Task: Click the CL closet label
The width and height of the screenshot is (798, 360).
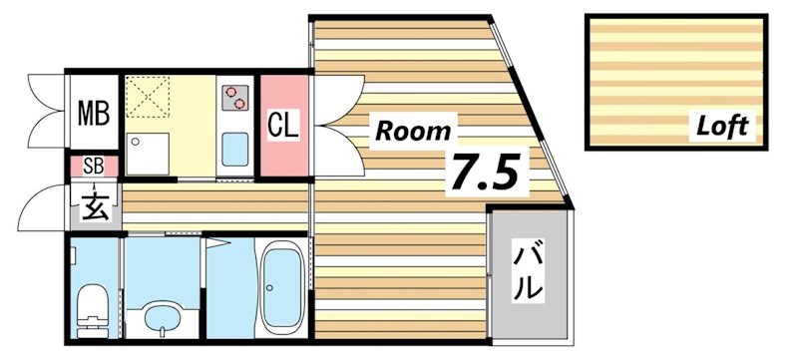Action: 282,126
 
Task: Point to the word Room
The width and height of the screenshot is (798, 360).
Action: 412,130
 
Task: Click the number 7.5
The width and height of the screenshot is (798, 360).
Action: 485,172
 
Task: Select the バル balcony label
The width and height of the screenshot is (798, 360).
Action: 530,272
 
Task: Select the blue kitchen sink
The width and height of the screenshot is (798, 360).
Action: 236,150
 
